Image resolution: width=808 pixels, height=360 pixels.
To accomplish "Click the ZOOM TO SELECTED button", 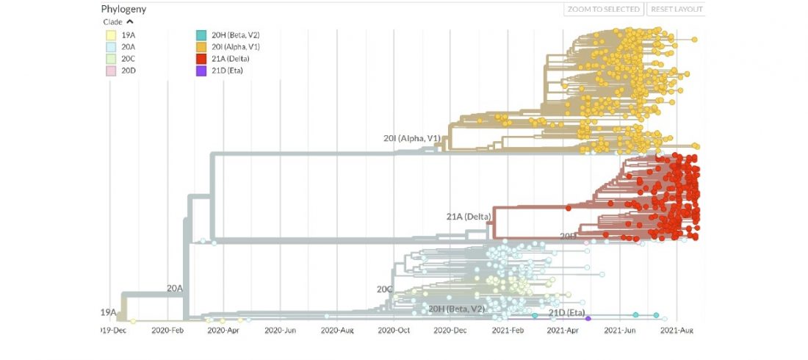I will click(x=604, y=10).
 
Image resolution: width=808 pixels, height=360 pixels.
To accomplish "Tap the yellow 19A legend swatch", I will click(x=109, y=35).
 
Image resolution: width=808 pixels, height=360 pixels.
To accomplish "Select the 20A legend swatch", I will click(x=109, y=46).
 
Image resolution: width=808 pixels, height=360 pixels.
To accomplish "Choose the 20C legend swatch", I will click(x=109, y=58).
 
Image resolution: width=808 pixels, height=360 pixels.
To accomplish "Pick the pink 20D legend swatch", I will click(x=109, y=70).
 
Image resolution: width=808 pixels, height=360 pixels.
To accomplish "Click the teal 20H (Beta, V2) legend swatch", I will click(x=201, y=35).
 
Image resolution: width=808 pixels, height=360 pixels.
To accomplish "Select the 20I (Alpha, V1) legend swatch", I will click(x=201, y=46).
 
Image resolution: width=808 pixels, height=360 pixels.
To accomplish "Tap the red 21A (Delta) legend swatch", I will click(x=201, y=58).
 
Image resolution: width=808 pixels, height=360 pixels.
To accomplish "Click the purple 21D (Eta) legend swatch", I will click(x=201, y=70).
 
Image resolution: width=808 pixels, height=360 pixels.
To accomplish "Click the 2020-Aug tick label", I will click(x=339, y=331).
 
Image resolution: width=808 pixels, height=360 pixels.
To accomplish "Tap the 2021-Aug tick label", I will click(x=677, y=331).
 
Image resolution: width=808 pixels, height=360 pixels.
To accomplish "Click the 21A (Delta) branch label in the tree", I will click(x=468, y=216).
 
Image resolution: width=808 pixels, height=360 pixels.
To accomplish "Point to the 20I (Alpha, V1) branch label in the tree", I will click(x=411, y=138).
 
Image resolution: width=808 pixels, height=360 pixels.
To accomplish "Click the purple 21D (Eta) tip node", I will click(x=588, y=318).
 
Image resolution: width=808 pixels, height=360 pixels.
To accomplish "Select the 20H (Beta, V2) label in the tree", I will click(x=456, y=309).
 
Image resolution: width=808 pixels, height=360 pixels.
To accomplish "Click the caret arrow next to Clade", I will click(x=130, y=21).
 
